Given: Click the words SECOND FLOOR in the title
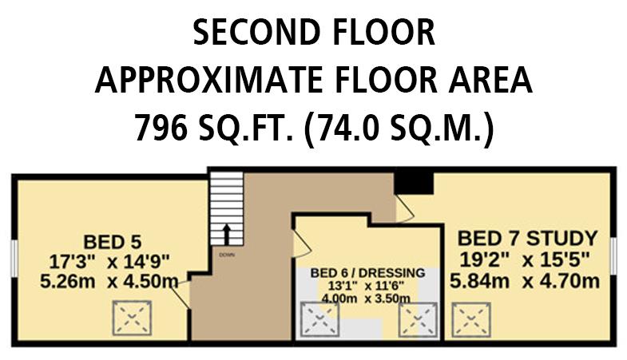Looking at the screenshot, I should (x=313, y=34).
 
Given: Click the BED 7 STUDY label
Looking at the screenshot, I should (x=527, y=238).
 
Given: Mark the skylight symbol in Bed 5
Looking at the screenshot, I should (x=132, y=317).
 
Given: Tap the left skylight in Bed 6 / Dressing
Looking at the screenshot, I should (x=322, y=322).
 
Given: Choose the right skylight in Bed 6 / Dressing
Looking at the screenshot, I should (x=416, y=322).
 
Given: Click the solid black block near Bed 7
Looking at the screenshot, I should (x=415, y=182).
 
